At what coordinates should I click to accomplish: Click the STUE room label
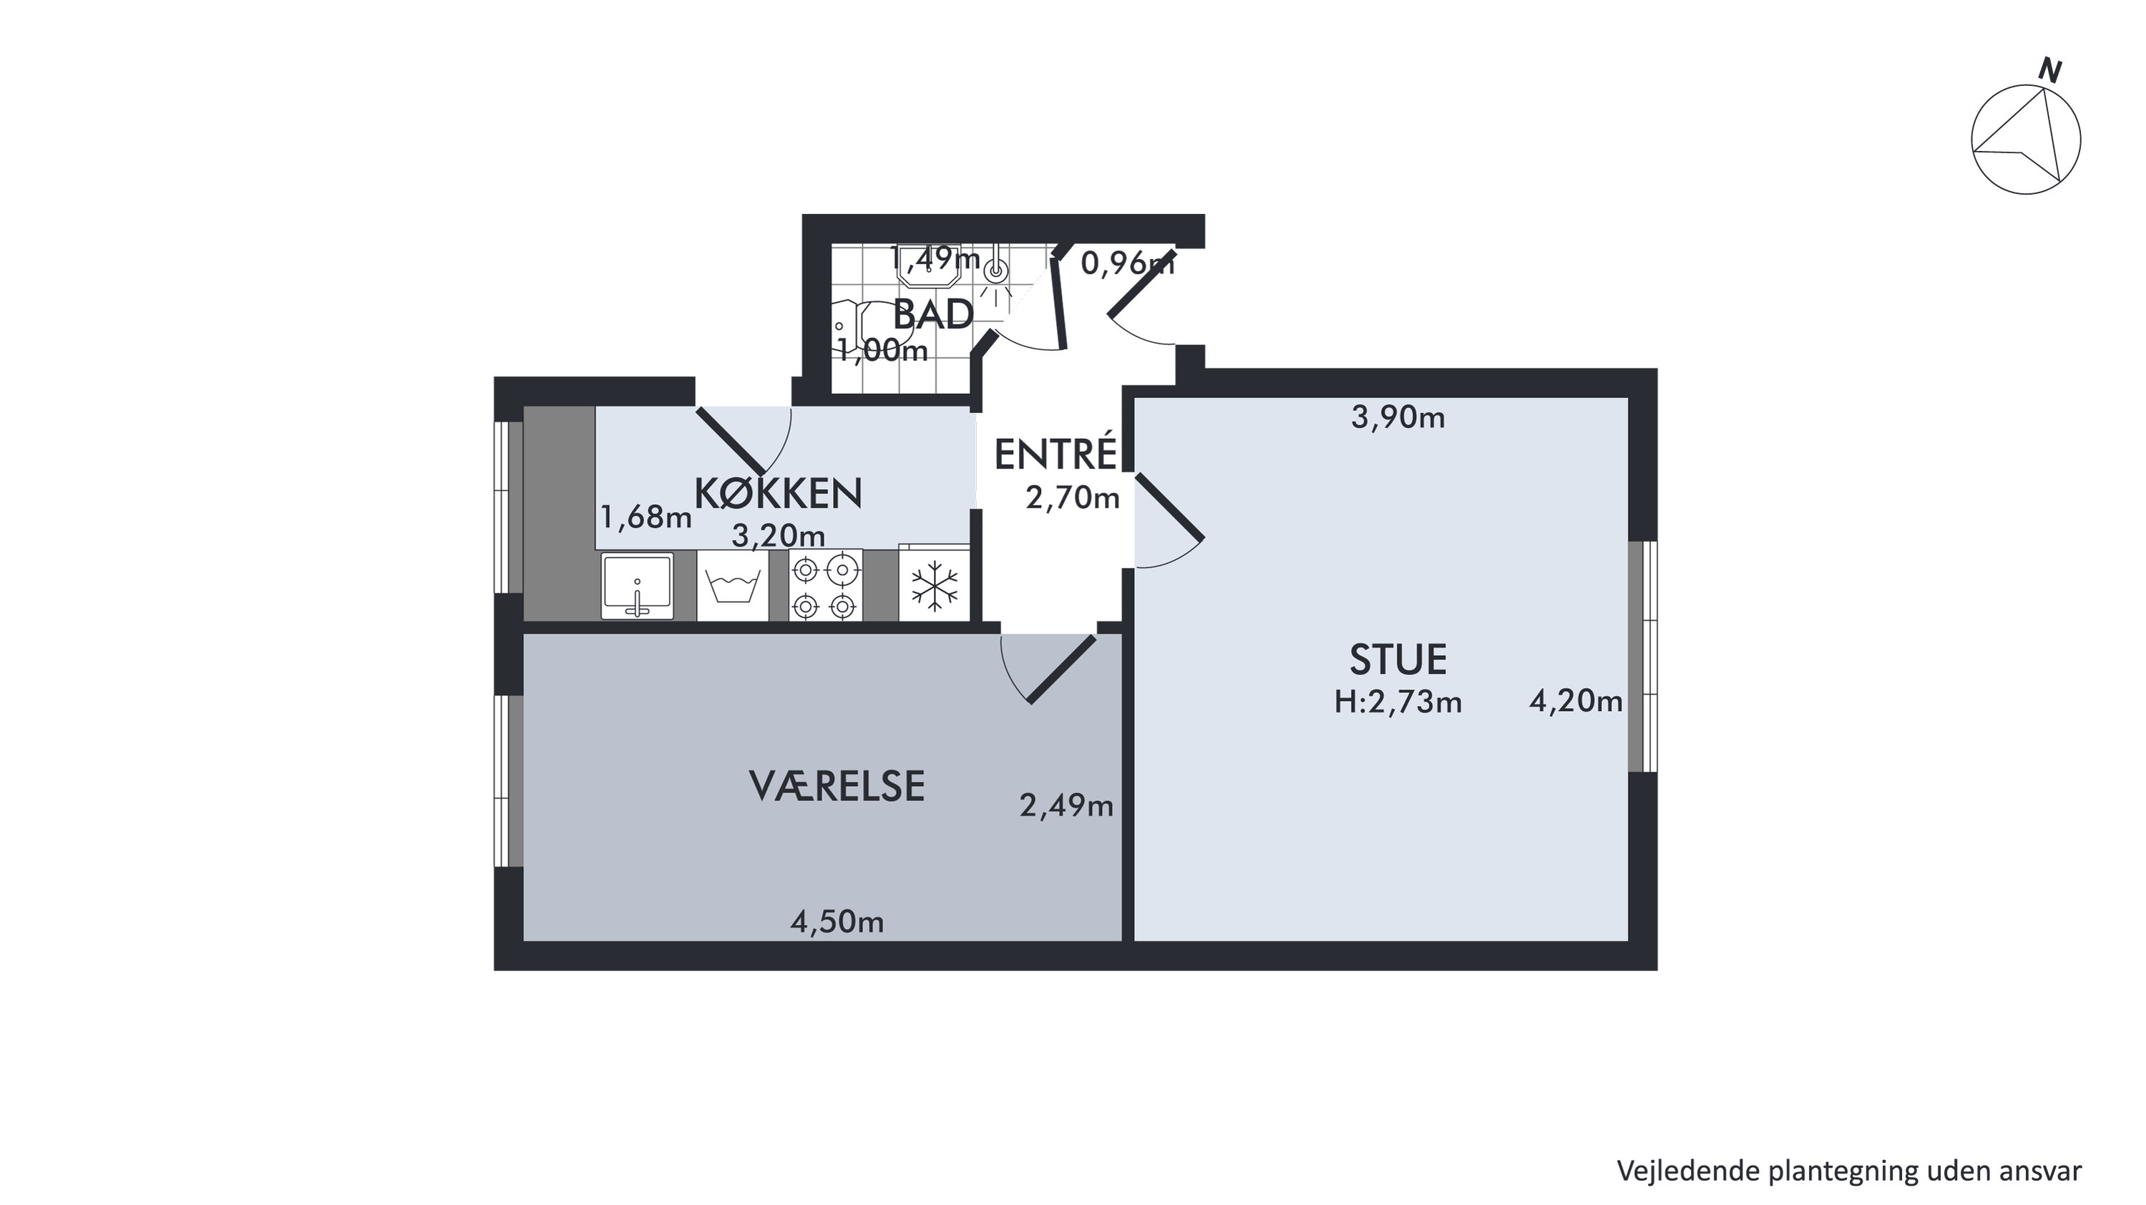[1398, 659]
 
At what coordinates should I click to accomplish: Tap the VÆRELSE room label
[837, 786]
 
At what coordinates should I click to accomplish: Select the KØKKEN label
[778, 493]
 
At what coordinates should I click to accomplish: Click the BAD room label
[933, 315]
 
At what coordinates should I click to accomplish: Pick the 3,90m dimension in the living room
[1398, 417]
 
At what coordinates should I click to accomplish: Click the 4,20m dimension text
[1576, 702]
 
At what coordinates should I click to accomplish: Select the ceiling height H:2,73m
[1398, 702]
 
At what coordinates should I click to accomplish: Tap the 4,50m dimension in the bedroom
[837, 922]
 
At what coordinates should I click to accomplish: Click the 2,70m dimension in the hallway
[1072, 498]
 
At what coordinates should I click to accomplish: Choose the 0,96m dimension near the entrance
[1127, 264]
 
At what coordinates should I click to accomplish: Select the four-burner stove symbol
[826, 586]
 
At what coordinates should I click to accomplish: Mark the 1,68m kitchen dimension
[645, 518]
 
